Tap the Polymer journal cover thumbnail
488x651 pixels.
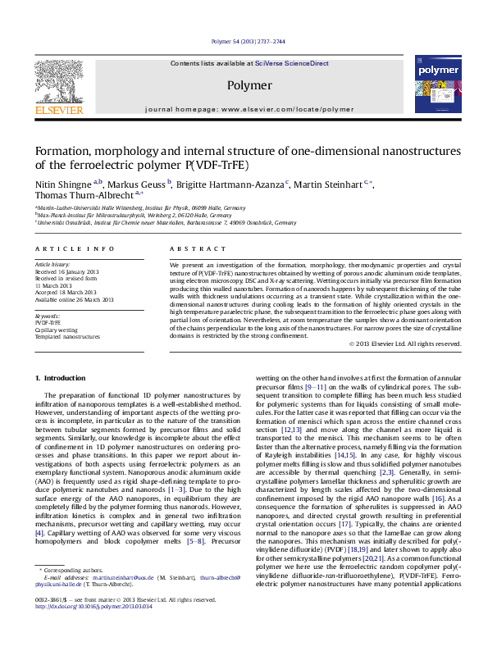coord(435,84)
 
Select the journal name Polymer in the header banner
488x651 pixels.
coord(249,85)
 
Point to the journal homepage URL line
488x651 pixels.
coord(249,108)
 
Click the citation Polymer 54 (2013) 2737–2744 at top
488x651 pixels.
coord(248,41)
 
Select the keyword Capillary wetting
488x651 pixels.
coord(57,330)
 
